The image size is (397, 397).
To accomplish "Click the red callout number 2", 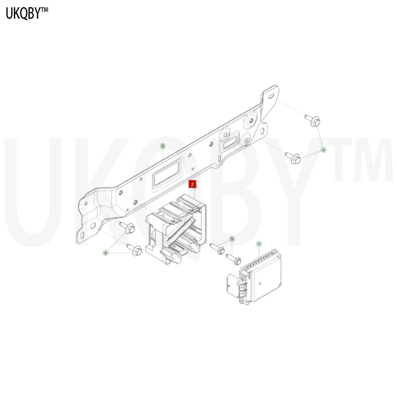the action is click(192, 184).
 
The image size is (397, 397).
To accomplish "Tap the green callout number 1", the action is click(259, 244).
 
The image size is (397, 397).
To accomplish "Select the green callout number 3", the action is click(163, 146).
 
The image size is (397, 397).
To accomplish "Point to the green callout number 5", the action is click(232, 239).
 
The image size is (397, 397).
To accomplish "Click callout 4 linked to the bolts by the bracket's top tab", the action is click(323, 150).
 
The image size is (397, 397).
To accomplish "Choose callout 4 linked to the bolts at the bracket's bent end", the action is click(106, 253).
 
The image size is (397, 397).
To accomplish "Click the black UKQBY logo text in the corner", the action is click(23, 13).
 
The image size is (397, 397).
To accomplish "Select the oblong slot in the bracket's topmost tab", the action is click(270, 97).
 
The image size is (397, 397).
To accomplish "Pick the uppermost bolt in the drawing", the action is click(313, 120).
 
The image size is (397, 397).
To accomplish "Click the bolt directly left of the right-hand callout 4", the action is click(293, 158).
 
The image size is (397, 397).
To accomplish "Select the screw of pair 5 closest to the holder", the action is click(217, 249).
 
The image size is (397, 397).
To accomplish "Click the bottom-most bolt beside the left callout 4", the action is click(134, 250).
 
